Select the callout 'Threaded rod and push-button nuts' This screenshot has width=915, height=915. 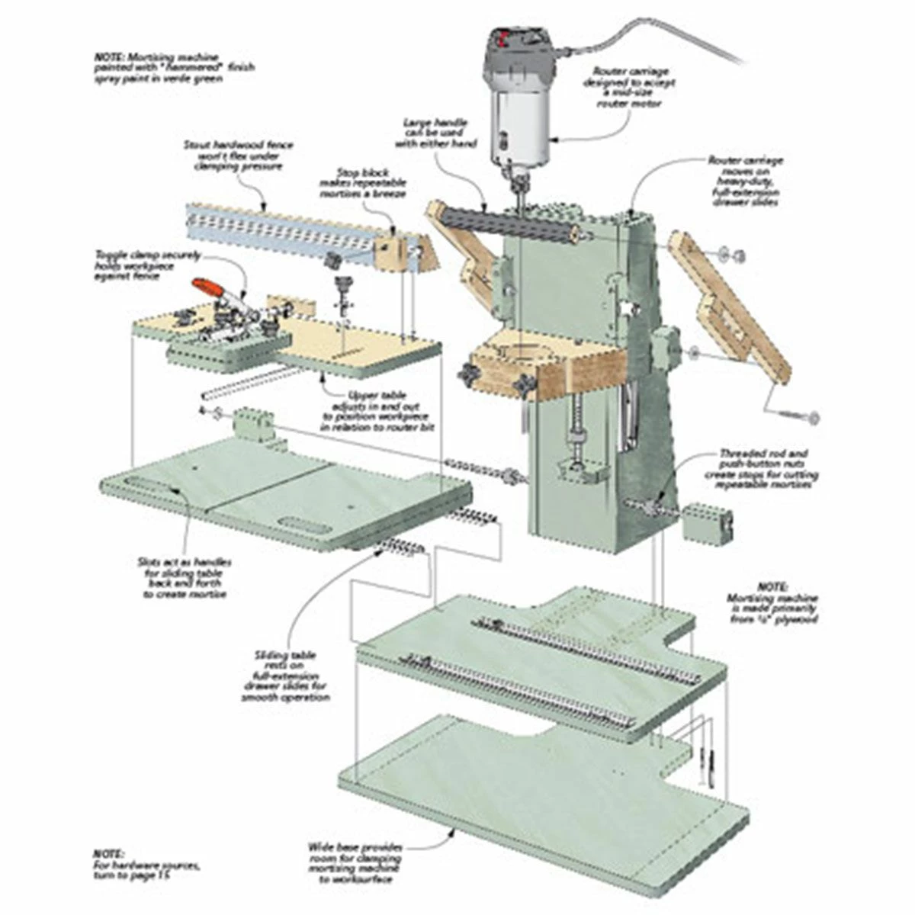[766, 464]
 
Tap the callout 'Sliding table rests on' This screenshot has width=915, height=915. [286, 676]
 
